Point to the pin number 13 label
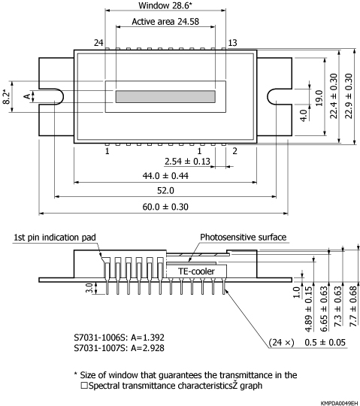232,43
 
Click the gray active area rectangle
165,96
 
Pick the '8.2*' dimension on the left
7,96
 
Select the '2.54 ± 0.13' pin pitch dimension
187,161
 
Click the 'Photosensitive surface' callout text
243,237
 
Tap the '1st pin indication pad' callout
53,238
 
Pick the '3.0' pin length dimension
89,288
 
